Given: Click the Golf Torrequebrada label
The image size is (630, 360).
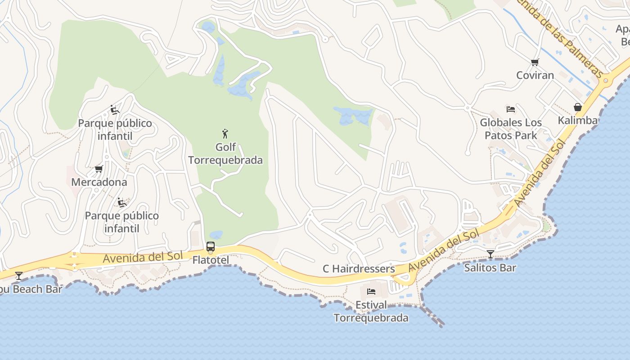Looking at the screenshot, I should click(225, 153).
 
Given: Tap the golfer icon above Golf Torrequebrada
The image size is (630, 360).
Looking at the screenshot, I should click(225, 134).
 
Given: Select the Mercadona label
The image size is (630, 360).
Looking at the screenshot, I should click(99, 182).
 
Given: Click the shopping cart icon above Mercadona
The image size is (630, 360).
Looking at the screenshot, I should click(99, 169).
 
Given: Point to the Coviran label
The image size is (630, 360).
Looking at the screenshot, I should click(535, 75).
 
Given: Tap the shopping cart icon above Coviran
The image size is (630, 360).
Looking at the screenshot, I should click(535, 62).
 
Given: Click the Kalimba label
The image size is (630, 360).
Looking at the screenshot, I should click(577, 120).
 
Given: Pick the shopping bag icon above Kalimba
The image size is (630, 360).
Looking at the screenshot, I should click(578, 107).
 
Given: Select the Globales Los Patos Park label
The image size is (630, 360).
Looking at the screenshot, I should click(511, 129).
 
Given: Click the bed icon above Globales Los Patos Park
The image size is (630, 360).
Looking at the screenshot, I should click(511, 109).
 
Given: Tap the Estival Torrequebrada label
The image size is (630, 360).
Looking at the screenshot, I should click(371, 311).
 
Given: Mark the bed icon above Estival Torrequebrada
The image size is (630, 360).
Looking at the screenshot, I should click(371, 292).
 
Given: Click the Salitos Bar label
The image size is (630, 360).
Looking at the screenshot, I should click(490, 268).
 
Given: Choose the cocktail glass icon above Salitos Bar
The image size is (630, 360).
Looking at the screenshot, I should click(490, 254).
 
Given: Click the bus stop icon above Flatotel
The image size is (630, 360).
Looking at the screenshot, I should click(211, 247).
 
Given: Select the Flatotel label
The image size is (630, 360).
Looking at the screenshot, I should click(211, 260).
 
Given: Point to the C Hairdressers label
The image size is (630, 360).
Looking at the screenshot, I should click(359, 269).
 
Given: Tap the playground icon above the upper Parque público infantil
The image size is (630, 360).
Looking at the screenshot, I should click(115, 110).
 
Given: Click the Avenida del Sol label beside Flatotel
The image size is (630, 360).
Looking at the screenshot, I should click(143, 257).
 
